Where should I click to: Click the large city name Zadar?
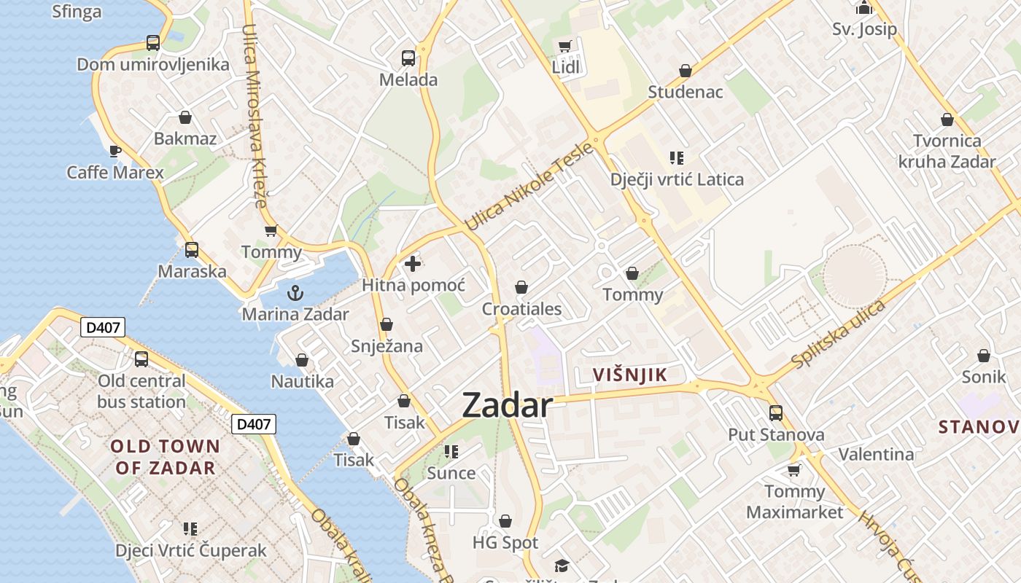coord(508,405)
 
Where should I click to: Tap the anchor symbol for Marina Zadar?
coord(295,294)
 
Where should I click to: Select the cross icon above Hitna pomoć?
coord(413,263)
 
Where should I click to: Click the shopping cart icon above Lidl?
coord(564,47)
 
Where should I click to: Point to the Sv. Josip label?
coord(864,30)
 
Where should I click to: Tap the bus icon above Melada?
coord(408,58)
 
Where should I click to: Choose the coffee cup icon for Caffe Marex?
coord(115,151)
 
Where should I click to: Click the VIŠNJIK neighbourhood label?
coord(630,375)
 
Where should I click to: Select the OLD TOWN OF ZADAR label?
coord(165,457)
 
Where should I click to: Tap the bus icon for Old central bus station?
coord(141,359)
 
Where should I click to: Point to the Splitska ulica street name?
coord(839,334)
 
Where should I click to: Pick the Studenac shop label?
coord(686,92)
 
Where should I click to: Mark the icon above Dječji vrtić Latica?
coord(677,157)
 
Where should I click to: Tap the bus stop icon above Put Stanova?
coord(776,413)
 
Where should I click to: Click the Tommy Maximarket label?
coord(794,501)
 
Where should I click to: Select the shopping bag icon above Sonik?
coord(984,356)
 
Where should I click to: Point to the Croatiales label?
coord(521,309)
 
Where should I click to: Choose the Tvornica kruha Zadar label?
coord(947,151)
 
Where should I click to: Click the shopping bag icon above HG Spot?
coord(505,521)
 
